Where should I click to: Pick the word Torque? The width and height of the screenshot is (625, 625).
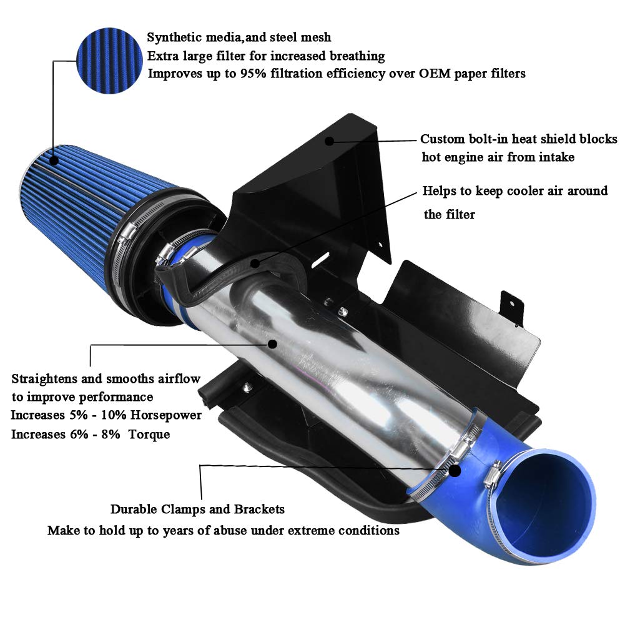coord(149,434)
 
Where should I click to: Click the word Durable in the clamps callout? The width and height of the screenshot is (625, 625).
coord(133,509)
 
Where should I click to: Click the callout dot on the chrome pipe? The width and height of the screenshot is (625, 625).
coord(272,343)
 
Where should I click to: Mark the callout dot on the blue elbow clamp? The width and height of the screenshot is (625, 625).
coord(456,471)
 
